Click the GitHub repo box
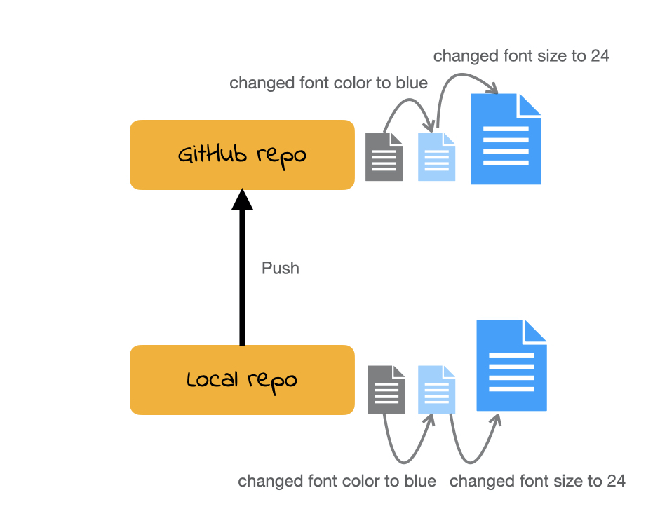coord(242,155)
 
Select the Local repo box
coord(242,380)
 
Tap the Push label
coord(281,268)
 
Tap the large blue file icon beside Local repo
coord(511,365)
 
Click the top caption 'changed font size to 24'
coord(521,56)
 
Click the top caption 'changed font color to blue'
coord(328,83)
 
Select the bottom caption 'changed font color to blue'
coord(337,482)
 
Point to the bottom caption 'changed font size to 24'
coord(537,482)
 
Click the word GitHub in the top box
coord(211,154)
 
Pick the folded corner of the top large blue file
coord(530,104)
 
